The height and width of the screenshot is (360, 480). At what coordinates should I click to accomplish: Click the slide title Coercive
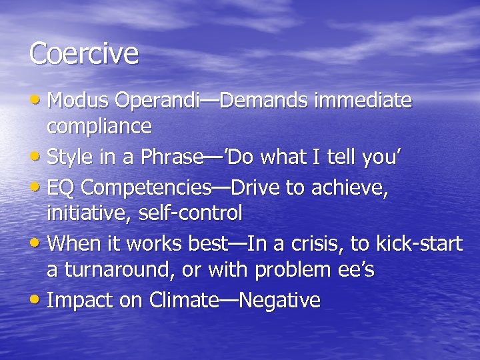pyautogui.click(x=83, y=54)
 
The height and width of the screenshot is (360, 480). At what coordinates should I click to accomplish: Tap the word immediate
pyautogui.click(x=363, y=101)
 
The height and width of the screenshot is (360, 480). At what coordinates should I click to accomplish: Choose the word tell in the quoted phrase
pyautogui.click(x=331, y=157)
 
